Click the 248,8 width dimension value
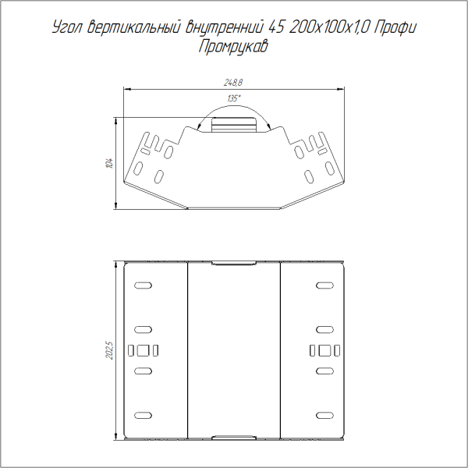click(233, 83)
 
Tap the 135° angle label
click(234, 98)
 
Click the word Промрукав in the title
click(233, 47)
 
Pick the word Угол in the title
click(67, 28)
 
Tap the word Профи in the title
click(395, 28)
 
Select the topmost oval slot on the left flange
click(143, 285)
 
